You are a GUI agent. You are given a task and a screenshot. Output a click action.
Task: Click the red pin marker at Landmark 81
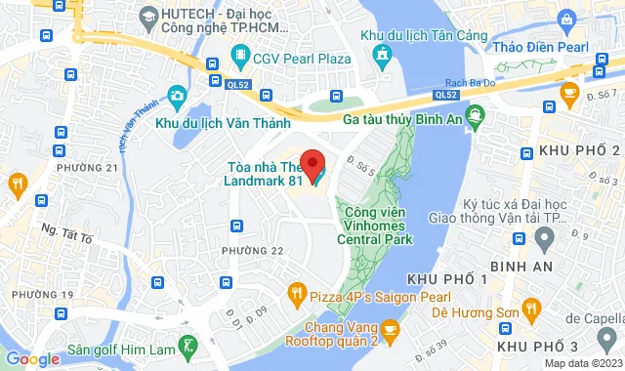click(x=311, y=162)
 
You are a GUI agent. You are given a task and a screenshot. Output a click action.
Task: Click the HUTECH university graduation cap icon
click(x=148, y=17)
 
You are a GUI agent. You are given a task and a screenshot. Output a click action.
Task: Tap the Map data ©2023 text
click(x=582, y=363)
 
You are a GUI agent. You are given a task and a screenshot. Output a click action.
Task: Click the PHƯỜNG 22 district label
click(x=252, y=251)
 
